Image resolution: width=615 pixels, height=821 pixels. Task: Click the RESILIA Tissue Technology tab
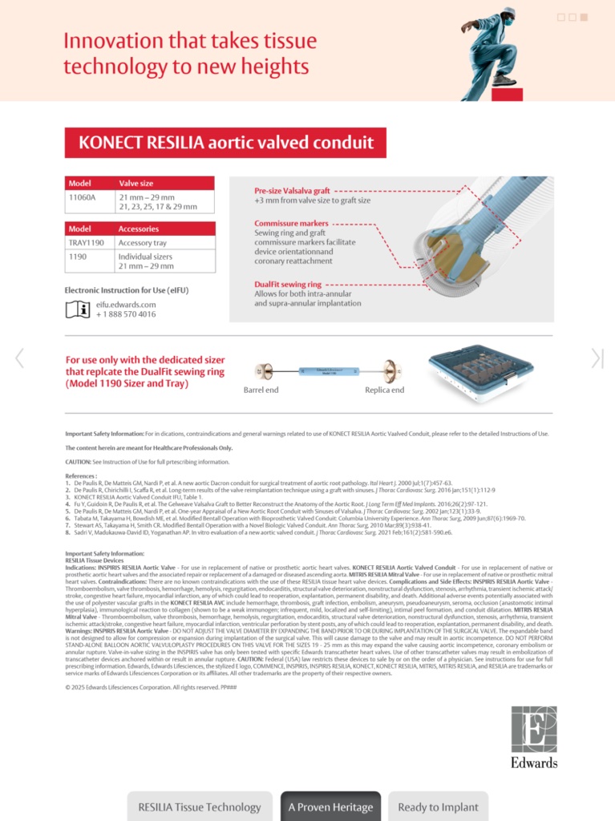200,807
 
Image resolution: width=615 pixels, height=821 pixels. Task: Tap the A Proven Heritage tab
330,807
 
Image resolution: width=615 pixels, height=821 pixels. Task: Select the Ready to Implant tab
438,807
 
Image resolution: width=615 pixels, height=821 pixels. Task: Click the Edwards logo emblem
534,730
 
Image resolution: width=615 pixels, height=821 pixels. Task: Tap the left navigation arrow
19,358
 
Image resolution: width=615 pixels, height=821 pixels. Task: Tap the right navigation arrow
596,358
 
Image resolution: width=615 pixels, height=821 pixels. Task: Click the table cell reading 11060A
82,196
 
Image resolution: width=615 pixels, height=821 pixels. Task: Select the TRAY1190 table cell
87,242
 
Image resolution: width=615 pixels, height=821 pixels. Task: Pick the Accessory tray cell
143,242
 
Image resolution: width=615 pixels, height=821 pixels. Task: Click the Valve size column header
138,183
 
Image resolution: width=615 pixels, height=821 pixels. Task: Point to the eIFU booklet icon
77,309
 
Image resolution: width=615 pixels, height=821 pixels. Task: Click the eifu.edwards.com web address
126,305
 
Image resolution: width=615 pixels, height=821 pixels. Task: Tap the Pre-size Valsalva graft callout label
292,191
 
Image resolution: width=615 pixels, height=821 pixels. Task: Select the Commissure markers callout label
291,223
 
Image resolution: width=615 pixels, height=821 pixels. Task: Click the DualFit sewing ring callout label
288,284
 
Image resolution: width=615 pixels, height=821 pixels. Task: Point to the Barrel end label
261,390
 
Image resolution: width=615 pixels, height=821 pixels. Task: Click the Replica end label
385,390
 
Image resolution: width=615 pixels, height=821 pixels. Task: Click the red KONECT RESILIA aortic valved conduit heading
225,143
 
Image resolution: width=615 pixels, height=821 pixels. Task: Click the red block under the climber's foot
508,94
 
